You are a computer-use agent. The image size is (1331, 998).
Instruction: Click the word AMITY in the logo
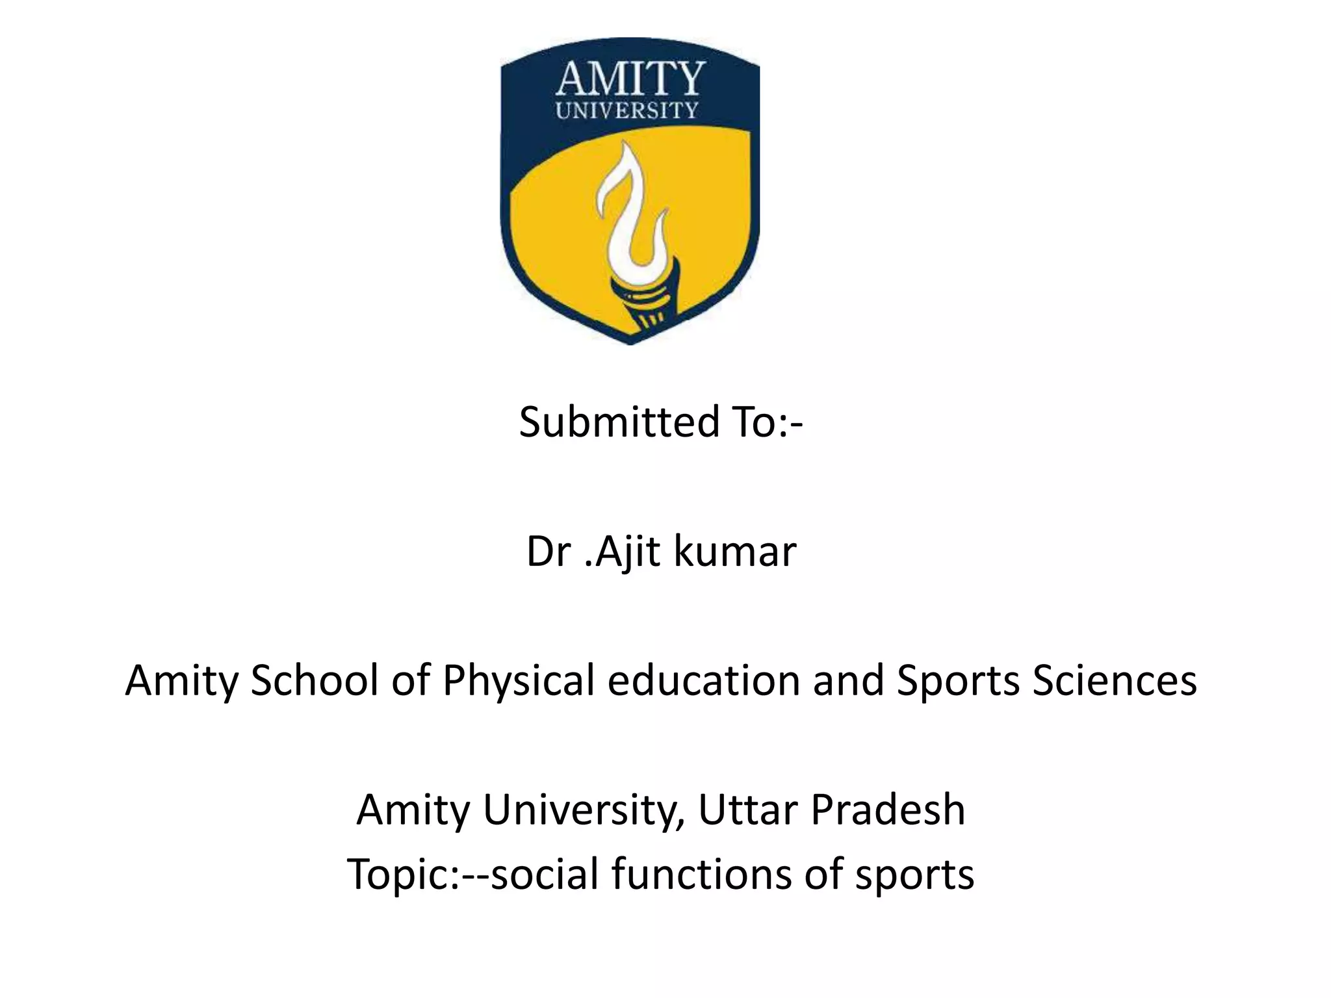(x=629, y=79)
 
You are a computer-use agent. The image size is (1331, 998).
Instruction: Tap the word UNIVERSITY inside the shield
(x=627, y=110)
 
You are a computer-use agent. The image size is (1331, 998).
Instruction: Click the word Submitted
(x=619, y=422)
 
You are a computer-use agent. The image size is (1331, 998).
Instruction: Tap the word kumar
(x=734, y=552)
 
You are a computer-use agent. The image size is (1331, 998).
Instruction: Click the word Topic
(x=402, y=873)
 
